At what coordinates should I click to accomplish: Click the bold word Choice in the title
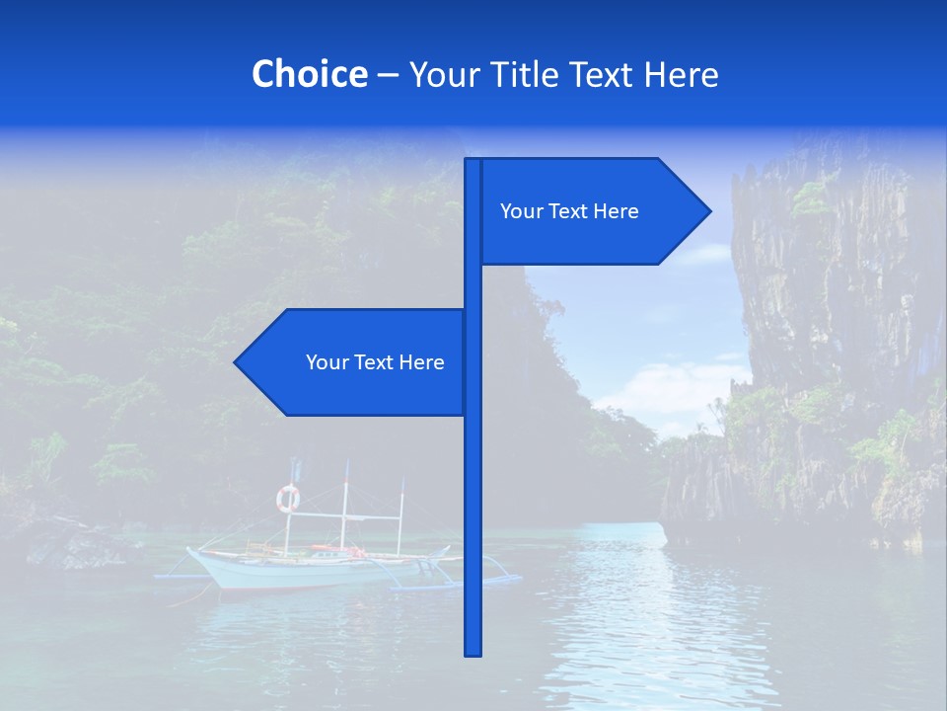309,74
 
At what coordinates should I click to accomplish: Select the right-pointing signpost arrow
592,211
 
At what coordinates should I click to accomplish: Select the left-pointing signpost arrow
355,362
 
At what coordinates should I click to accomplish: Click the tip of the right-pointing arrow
708,210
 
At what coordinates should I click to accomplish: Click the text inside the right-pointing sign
569,211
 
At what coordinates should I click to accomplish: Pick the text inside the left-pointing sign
375,362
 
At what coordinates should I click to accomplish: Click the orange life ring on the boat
287,499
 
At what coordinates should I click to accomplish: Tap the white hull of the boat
296,574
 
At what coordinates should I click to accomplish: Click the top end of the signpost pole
473,161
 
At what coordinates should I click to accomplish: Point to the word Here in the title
682,74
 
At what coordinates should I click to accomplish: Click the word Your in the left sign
327,362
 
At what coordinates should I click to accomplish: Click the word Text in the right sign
568,211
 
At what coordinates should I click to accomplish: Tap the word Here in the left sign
422,362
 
